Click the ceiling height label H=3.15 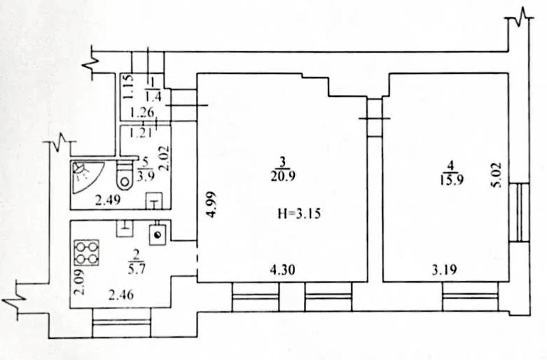[299, 213]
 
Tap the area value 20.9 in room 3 [283, 176]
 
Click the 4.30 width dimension [283, 270]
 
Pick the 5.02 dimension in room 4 [496, 175]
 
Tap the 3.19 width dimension [444, 270]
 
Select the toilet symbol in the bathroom [124, 175]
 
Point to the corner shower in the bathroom [86, 177]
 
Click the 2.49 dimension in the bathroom [108, 200]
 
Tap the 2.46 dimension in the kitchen [121, 295]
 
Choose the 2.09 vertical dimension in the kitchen [80, 283]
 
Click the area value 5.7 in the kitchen [136, 269]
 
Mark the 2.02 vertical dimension [164, 158]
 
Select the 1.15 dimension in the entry [129, 87]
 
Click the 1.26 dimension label [142, 113]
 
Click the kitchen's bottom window [122, 323]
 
